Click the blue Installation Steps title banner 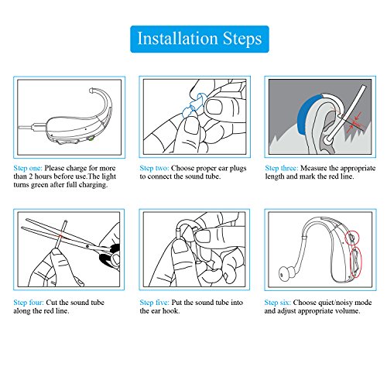tap(200, 39)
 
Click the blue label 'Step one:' tap(28, 168)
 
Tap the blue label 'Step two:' tap(154, 168)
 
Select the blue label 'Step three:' tap(282, 168)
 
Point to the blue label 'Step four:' tap(29, 303)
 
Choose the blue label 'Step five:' tap(154, 303)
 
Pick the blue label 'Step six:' tap(278, 303)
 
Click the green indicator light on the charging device tap(91, 139)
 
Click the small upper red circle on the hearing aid tap(352, 238)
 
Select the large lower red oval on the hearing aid tap(355, 262)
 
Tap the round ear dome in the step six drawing tap(286, 273)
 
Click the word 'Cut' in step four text tap(51, 303)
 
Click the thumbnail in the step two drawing tap(214, 107)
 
